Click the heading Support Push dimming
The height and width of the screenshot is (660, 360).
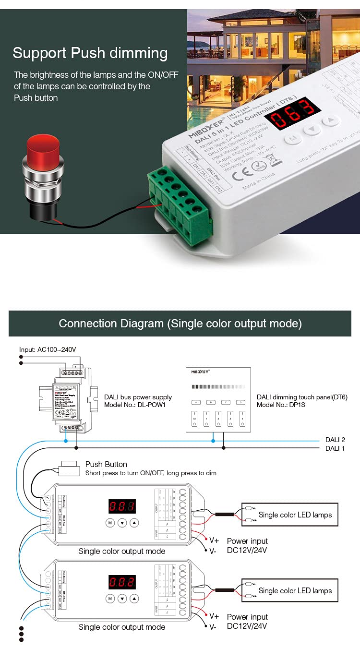(x=90, y=53)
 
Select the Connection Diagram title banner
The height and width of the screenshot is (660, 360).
(x=180, y=324)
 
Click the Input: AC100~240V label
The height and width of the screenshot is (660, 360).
(x=48, y=349)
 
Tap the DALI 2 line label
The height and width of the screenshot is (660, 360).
(x=335, y=439)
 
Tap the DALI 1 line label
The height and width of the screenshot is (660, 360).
(x=335, y=448)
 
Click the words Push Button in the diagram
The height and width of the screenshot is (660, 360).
(x=106, y=464)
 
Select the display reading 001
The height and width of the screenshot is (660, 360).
(x=122, y=506)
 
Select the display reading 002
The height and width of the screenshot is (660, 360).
(x=122, y=582)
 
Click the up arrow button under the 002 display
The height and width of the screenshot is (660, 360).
(x=134, y=599)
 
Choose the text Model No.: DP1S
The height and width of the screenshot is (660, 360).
(x=281, y=405)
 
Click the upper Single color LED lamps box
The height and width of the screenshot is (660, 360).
(x=289, y=515)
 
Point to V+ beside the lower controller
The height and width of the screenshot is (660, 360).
(x=214, y=616)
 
